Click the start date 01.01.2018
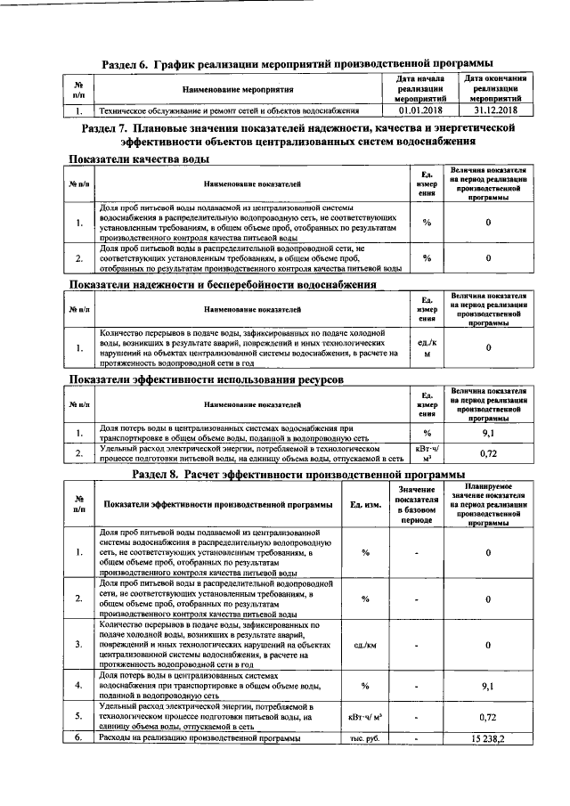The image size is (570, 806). [x=420, y=111]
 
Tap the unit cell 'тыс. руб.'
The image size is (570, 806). [x=365, y=739]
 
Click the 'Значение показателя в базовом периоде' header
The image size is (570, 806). [x=417, y=504]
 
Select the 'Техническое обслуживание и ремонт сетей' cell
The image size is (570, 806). [x=229, y=111]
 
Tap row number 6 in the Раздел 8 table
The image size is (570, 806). [x=78, y=739]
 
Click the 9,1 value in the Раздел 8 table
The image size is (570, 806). [x=487, y=686]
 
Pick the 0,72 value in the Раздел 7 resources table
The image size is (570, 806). [x=487, y=453]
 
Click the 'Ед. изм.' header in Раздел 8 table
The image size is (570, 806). [x=365, y=505]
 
